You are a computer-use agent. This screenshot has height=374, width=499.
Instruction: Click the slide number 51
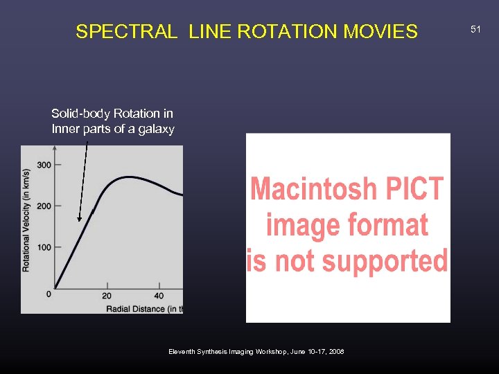(x=475, y=29)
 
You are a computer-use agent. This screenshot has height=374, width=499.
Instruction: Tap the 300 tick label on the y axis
(x=44, y=165)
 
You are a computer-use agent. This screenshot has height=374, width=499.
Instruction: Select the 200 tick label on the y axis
(x=44, y=206)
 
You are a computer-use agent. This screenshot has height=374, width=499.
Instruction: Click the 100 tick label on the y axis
(x=44, y=247)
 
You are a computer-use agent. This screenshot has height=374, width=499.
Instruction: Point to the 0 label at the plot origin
(x=48, y=294)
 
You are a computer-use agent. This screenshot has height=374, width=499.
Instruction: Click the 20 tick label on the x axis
(x=107, y=296)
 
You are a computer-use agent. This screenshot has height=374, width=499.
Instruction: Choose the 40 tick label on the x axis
(x=159, y=296)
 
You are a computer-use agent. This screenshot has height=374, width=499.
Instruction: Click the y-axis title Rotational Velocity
(x=26, y=220)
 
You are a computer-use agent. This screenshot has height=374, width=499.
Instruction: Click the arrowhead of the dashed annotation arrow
(x=80, y=217)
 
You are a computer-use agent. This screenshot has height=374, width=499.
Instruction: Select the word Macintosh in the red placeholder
(x=308, y=189)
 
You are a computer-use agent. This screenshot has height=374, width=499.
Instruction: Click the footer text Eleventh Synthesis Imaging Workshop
(x=232, y=352)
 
